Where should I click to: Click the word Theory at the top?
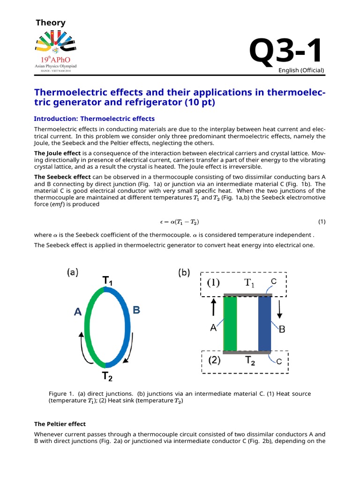(x=51, y=22)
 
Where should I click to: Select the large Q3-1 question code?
(x=286, y=52)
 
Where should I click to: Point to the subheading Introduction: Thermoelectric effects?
(x=94, y=119)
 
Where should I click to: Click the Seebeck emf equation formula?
(x=180, y=221)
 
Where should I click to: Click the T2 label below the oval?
(x=107, y=376)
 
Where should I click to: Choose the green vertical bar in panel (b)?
(x=230, y=323)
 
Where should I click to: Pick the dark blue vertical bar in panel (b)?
(x=265, y=323)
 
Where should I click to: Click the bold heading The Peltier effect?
(x=60, y=424)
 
